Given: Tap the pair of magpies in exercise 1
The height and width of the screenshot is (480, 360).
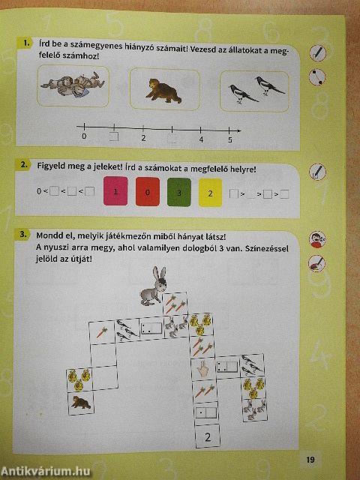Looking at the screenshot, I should tap(256, 90).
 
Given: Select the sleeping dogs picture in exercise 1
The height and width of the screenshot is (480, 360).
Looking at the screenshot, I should tap(73, 84).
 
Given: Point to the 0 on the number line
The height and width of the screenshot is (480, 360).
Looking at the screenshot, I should tap(84, 137).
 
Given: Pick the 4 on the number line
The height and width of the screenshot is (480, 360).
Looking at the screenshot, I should tap(201, 139).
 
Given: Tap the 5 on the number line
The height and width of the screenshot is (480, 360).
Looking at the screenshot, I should tap(230, 139).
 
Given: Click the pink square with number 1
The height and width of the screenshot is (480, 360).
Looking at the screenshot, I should tap(117, 193).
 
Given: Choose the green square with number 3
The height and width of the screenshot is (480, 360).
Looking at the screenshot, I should tap(179, 193).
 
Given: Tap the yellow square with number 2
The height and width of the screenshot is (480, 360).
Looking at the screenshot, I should tap(211, 193).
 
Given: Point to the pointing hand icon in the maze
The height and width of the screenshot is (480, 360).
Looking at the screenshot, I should tap(201, 368).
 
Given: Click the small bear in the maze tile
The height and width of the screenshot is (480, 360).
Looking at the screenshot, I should tap(79, 403).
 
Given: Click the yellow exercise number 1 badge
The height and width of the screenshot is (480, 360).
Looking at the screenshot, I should tap(27, 43).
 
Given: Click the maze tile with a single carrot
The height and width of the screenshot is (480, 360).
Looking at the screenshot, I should tap(102, 331).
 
